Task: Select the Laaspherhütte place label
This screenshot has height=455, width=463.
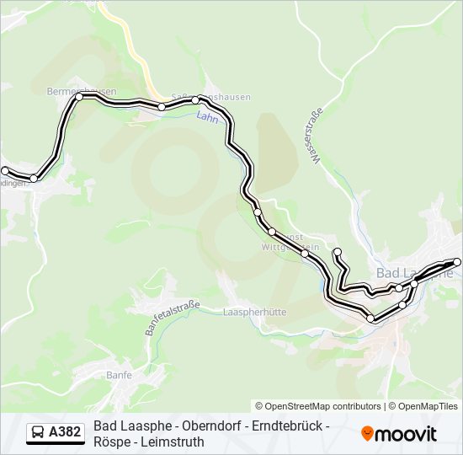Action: [x=255, y=312]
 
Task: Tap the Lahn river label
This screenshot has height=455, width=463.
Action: [x=207, y=118]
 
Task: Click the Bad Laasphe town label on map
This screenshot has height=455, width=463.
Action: [x=414, y=272]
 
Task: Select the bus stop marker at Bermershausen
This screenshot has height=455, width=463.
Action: [x=80, y=97]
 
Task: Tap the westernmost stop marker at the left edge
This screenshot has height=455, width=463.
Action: [x=5, y=171]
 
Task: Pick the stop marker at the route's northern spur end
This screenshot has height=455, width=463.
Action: [x=338, y=252]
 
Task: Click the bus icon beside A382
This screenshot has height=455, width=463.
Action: [x=38, y=432]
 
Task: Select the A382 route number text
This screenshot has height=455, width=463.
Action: [x=66, y=432]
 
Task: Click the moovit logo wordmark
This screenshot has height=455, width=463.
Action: [x=407, y=434]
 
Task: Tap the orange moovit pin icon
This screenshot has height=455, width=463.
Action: [x=367, y=433]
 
